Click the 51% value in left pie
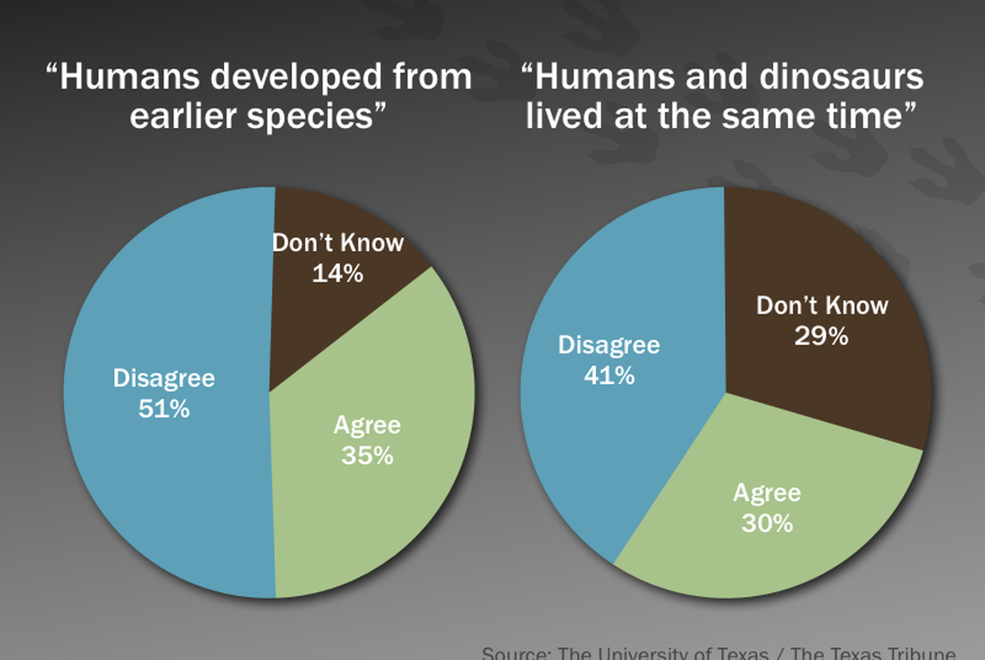coord(163,408)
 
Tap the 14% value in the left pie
coord(337,273)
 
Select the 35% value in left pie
coord(367,455)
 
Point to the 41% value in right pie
coord(608,375)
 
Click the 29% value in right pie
coord(821,336)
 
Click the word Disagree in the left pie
coord(163,378)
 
